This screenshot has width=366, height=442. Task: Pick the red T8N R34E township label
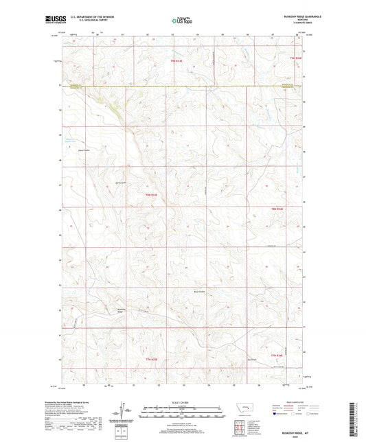[277, 208]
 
